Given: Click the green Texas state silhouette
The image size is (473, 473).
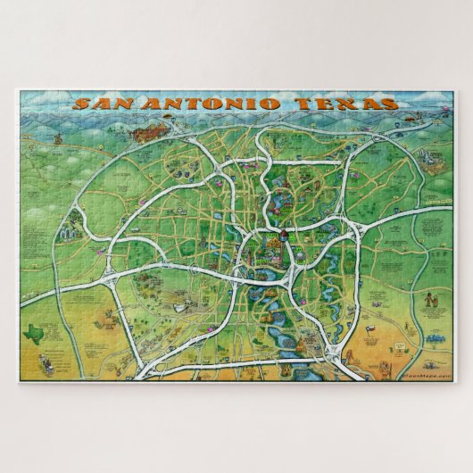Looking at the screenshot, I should [37, 330].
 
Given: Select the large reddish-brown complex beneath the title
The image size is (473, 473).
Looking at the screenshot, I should [146, 134].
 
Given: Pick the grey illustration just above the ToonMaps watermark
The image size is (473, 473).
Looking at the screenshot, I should [412, 362].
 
